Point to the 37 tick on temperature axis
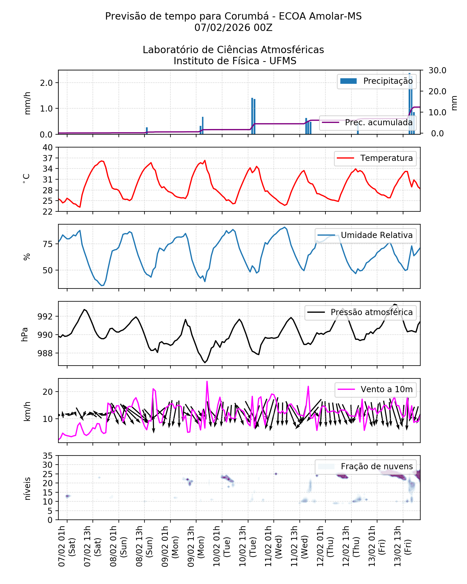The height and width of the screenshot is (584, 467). pyautogui.click(x=48, y=158)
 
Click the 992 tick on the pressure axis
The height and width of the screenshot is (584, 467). pyautogui.click(x=45, y=317)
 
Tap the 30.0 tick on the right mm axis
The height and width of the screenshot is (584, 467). pyautogui.click(x=437, y=70)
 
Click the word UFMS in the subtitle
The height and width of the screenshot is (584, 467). pyautogui.click(x=283, y=61)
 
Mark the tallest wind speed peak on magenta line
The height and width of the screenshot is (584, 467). pyautogui.click(x=207, y=381)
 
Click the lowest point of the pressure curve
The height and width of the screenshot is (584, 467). pyautogui.click(x=205, y=362)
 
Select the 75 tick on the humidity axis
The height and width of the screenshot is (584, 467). pyautogui.click(x=48, y=244)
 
